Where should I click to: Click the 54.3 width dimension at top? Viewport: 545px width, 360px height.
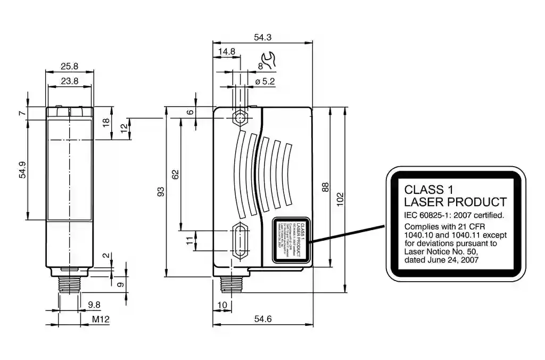pos(263,38)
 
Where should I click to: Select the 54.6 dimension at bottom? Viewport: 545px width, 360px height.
pos(263,319)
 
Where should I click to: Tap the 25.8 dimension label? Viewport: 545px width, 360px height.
pos(70,67)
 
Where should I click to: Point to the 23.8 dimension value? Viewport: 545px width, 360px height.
pos(70,81)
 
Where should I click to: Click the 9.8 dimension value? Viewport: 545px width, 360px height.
pos(94,305)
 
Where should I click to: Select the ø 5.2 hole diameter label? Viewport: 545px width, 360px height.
pos(265,81)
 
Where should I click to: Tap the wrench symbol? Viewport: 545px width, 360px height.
pos(269,61)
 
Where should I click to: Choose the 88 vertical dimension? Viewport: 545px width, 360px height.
pos(325,187)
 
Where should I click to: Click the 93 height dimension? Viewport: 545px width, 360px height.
pos(161,191)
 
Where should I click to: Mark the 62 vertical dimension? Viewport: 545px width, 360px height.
pos(176,174)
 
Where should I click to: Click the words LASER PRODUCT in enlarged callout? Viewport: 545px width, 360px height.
pos(455,202)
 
